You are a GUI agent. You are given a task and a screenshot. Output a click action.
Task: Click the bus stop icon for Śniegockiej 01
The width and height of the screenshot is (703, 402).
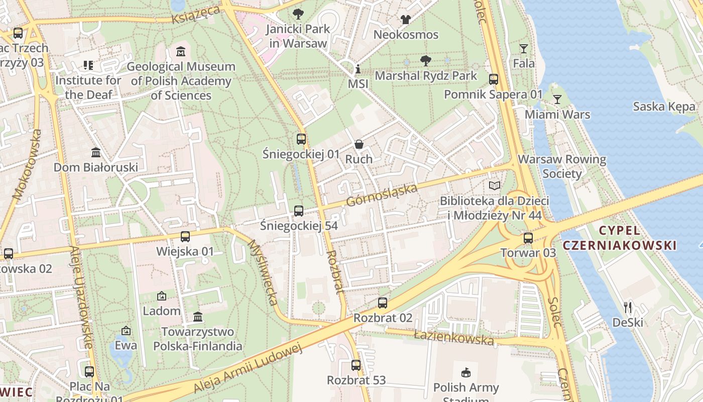[301, 139]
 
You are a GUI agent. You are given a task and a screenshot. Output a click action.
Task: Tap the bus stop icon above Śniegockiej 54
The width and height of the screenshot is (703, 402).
[299, 211]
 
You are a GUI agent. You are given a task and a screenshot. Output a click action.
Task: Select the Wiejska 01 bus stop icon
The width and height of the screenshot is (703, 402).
[185, 237]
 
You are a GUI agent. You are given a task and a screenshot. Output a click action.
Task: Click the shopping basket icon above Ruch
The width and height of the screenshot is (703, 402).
[359, 144]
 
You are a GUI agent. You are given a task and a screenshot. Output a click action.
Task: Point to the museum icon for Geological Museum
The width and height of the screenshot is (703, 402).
[181, 52]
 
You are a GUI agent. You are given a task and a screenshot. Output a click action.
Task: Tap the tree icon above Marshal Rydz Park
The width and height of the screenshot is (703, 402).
[426, 61]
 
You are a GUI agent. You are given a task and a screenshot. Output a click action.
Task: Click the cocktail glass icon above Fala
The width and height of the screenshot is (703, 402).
[524, 49]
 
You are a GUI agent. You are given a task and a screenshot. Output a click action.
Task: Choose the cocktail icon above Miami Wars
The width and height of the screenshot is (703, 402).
[557, 99]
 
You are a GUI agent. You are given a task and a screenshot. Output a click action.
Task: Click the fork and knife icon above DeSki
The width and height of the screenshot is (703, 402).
[628, 307]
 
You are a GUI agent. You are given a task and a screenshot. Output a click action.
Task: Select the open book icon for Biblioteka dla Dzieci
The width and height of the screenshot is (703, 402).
[495, 186]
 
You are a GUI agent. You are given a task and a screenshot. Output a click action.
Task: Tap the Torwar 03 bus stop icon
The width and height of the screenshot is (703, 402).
[528, 238]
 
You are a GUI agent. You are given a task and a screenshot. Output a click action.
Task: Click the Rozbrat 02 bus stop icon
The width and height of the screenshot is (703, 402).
[383, 303]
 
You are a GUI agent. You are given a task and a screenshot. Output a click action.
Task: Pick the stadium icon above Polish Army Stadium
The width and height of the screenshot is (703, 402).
[466, 372]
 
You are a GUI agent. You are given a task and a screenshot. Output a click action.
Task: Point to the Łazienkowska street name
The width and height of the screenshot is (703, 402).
[454, 337]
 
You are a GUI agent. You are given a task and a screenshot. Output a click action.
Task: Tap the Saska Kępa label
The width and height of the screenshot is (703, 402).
[664, 107]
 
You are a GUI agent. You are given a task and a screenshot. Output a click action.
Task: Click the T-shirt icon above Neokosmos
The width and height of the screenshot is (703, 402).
[406, 20]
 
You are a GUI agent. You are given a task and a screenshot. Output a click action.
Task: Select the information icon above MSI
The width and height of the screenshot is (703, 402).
[358, 69]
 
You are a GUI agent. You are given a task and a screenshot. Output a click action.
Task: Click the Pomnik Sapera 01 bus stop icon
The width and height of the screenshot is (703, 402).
[494, 79]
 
